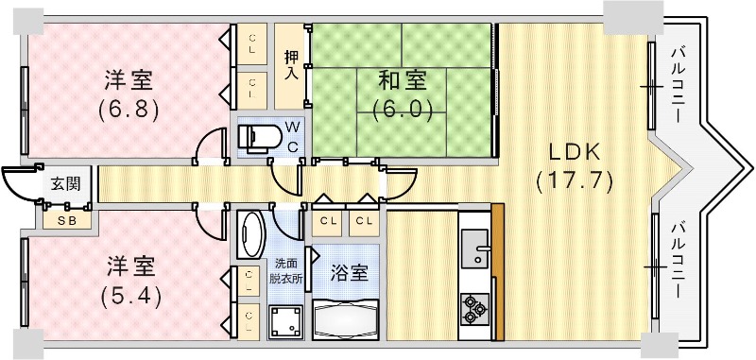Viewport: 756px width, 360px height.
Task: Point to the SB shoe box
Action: (x=66, y=219)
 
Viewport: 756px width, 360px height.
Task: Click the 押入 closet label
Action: (x=293, y=65)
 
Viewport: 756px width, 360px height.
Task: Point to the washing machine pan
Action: (x=284, y=321)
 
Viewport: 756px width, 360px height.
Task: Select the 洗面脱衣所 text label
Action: (x=285, y=270)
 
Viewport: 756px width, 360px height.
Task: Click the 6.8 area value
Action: (x=128, y=108)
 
